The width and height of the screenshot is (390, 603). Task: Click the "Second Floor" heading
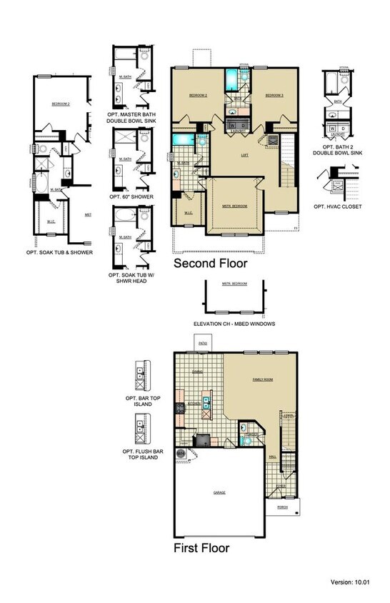click(211, 264)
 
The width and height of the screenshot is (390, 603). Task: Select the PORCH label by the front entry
click(281, 509)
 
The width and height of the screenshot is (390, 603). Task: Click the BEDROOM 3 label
click(275, 95)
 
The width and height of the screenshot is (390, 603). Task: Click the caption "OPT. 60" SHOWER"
click(129, 196)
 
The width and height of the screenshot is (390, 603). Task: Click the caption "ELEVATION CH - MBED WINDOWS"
click(235, 324)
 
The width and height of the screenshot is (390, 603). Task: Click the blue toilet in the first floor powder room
click(245, 442)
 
